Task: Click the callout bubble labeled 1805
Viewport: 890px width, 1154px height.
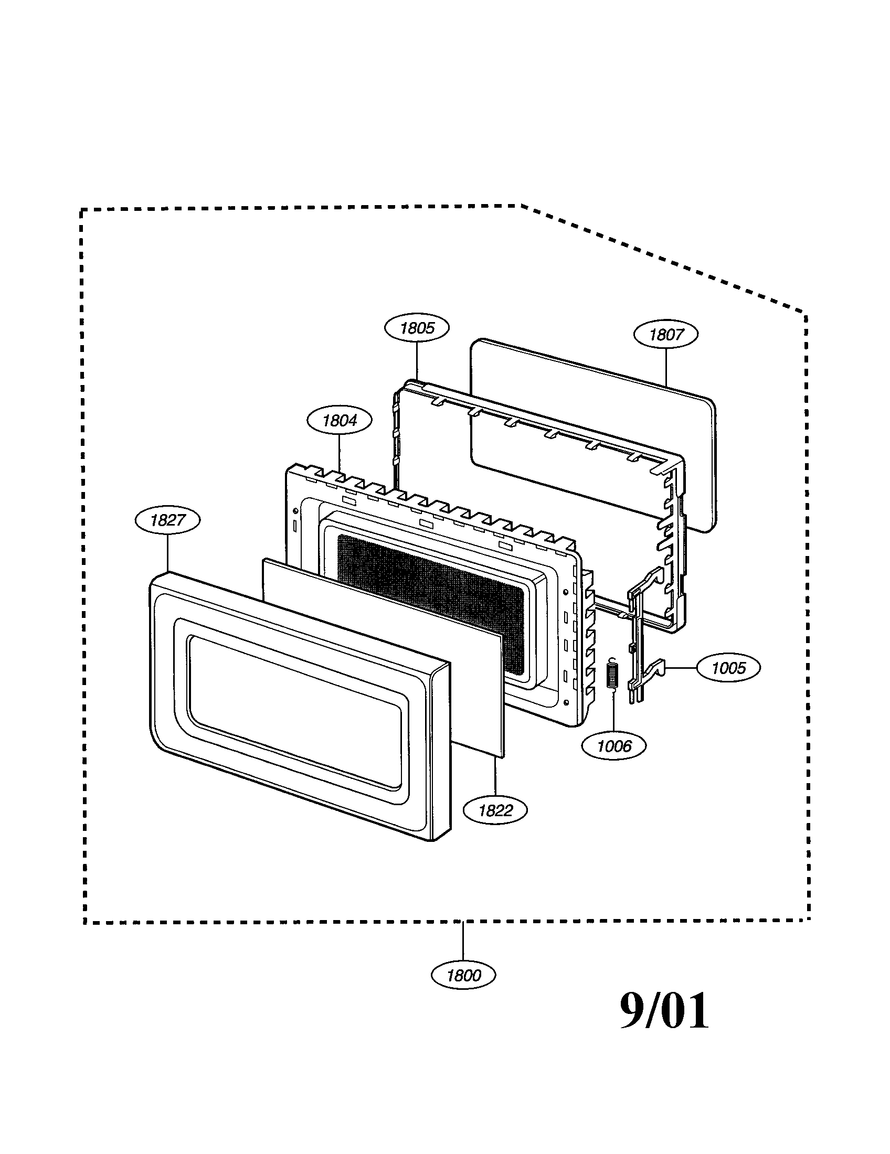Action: coord(417,328)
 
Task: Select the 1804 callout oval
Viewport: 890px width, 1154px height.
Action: coord(340,421)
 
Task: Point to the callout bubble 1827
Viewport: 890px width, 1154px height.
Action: coord(167,520)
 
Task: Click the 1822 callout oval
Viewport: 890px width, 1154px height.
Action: coord(495,810)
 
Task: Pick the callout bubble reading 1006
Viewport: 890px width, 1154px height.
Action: coord(613,746)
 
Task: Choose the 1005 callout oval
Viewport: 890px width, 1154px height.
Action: coord(729,668)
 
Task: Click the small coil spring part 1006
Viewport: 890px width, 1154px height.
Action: coord(612,675)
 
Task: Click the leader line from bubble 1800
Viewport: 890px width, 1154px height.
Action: coord(463,943)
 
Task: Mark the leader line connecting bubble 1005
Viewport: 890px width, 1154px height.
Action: coord(681,668)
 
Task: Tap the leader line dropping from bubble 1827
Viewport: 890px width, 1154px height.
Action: coord(167,552)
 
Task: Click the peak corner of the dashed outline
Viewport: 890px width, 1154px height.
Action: coord(520,205)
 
